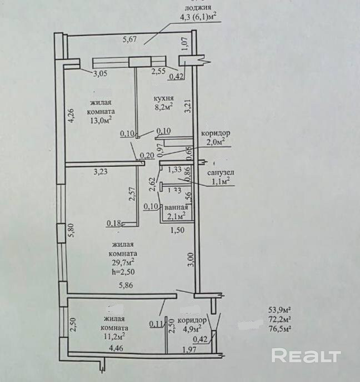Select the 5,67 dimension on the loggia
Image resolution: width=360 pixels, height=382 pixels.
130,39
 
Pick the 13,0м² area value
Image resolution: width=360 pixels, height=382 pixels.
101,118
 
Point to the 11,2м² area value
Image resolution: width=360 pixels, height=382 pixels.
113,335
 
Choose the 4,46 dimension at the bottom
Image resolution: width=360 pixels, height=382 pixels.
116,349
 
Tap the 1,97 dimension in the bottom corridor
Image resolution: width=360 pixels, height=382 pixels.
190,349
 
